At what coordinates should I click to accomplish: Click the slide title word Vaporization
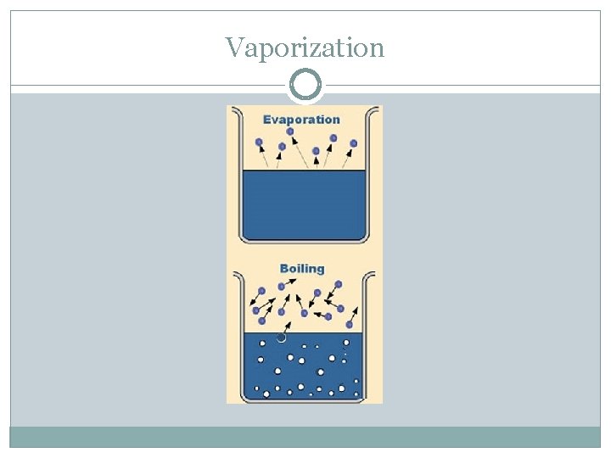click(x=305, y=47)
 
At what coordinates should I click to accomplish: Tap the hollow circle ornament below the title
click(x=305, y=85)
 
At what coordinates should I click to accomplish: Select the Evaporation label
click(x=301, y=120)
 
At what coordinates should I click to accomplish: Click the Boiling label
click(x=301, y=268)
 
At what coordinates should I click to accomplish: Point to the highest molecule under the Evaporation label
click(x=290, y=131)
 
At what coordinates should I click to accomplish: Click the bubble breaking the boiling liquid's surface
click(x=281, y=337)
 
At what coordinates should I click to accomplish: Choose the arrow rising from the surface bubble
click(x=286, y=325)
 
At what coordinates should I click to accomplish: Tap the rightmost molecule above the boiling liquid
click(x=350, y=324)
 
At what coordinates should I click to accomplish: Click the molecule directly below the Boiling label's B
click(x=282, y=286)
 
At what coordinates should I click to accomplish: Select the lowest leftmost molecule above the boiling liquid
click(x=261, y=321)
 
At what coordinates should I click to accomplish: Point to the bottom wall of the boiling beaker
click(x=303, y=399)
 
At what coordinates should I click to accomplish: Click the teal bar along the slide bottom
click(x=305, y=437)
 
